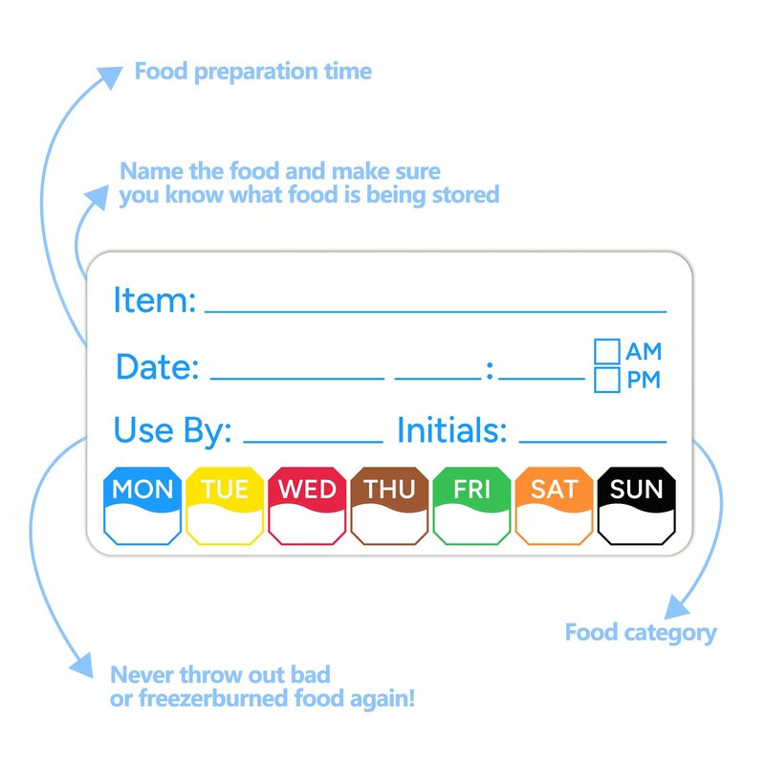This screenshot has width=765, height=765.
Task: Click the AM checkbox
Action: (607, 351)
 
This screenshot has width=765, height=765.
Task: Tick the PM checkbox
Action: (607, 380)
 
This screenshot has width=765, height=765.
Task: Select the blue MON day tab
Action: (142, 506)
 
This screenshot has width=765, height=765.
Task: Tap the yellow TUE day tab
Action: (225, 506)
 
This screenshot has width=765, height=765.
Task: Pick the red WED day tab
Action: (307, 506)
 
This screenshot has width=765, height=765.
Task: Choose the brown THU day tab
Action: (389, 506)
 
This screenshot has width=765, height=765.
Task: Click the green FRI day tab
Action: (471, 506)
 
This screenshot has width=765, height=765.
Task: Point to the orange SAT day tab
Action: (555, 506)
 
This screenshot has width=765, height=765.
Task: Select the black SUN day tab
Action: (637, 506)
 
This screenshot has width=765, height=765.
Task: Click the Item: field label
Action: (155, 299)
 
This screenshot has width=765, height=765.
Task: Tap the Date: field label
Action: (157, 366)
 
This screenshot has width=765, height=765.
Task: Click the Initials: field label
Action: (452, 429)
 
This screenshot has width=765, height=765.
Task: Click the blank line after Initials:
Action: (593, 442)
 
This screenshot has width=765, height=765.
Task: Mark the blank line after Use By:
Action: (313, 442)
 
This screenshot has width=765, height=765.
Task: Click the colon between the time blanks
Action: (490, 370)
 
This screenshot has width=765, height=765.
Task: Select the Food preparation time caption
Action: (252, 71)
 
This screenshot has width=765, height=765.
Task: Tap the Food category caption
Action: (641, 633)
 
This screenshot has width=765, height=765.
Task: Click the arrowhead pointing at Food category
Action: (676, 607)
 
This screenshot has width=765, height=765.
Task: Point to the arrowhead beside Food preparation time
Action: (110, 77)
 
